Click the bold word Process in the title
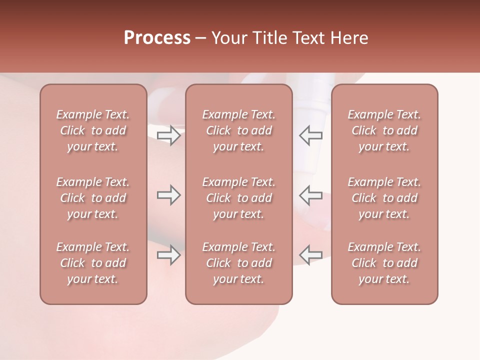pyautogui.click(x=157, y=38)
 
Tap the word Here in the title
pyautogui.click(x=350, y=38)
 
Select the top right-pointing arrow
pyautogui.click(x=168, y=135)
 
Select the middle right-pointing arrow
pyautogui.click(x=168, y=195)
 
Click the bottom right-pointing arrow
pyautogui.click(x=168, y=255)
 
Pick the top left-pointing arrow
pyautogui.click(x=311, y=135)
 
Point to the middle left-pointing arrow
pyautogui.click(x=311, y=195)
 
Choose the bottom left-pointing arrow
pyautogui.click(x=311, y=255)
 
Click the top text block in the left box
pyautogui.click(x=93, y=130)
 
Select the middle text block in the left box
pyautogui.click(x=93, y=198)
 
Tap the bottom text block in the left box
pyautogui.click(x=93, y=263)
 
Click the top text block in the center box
pyautogui.click(x=238, y=130)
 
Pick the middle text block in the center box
pyautogui.click(x=238, y=198)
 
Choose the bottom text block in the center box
pyautogui.click(x=238, y=263)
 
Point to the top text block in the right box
pyautogui.click(x=384, y=130)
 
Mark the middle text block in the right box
pyautogui.click(x=384, y=198)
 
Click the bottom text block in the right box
pyautogui.click(x=384, y=263)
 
